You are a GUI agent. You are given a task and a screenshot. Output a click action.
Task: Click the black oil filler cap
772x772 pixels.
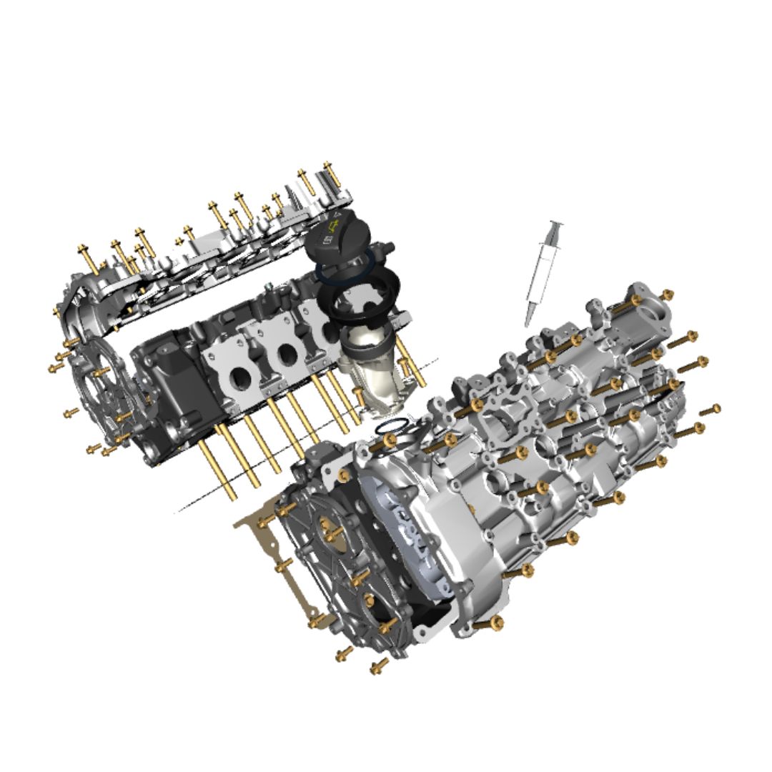coord(336,236)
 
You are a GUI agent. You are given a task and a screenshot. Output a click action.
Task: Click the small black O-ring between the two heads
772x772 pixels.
coord(387,427)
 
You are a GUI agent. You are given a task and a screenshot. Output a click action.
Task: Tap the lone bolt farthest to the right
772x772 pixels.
coord(710,410)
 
